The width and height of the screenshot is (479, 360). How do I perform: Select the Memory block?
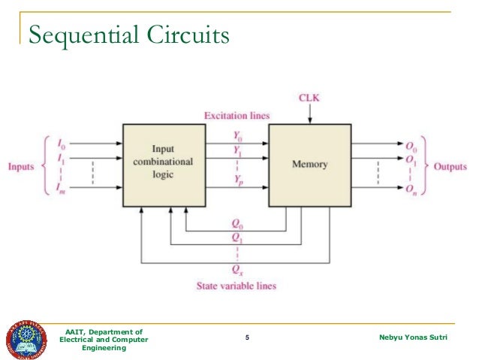(x=309, y=165)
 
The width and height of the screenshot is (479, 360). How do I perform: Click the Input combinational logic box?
(x=163, y=165)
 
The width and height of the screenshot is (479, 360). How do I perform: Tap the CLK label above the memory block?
(x=309, y=98)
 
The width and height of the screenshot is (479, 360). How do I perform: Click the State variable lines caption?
(x=236, y=286)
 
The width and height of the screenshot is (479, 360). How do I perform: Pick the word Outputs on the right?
(x=452, y=165)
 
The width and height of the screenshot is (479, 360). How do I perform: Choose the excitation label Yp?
(x=238, y=183)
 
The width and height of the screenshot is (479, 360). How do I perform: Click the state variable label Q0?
(x=236, y=222)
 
